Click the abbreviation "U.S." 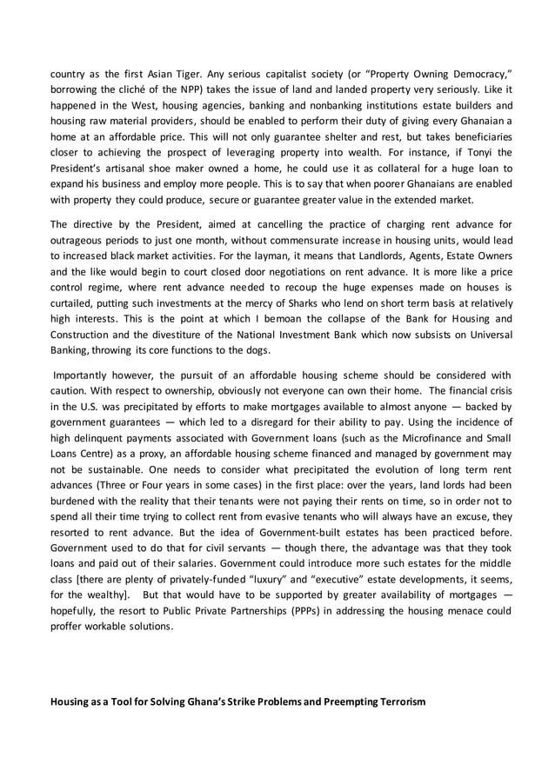77,422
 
